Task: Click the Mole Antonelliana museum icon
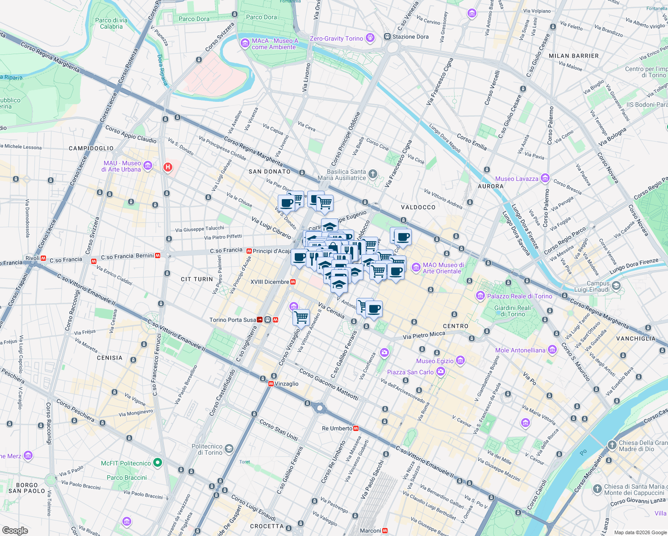click(552, 350)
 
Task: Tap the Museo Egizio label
click(434, 361)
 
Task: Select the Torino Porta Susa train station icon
click(259, 320)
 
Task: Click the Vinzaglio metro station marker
click(271, 384)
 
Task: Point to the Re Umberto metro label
click(337, 428)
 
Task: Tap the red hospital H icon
click(168, 167)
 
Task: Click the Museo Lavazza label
click(517, 179)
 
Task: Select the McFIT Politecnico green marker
click(157, 463)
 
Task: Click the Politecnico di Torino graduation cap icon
click(229, 449)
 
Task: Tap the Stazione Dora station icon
click(387, 37)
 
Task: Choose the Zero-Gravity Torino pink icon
click(370, 38)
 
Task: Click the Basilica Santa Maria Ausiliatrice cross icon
click(372, 174)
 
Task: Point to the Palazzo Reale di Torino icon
click(480, 296)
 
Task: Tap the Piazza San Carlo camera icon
click(441, 372)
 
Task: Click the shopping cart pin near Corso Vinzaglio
click(301, 317)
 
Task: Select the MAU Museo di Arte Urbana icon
click(148, 166)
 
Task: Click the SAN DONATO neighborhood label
click(269, 172)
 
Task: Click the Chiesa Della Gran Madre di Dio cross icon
click(612, 445)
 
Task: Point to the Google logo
click(15, 530)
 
